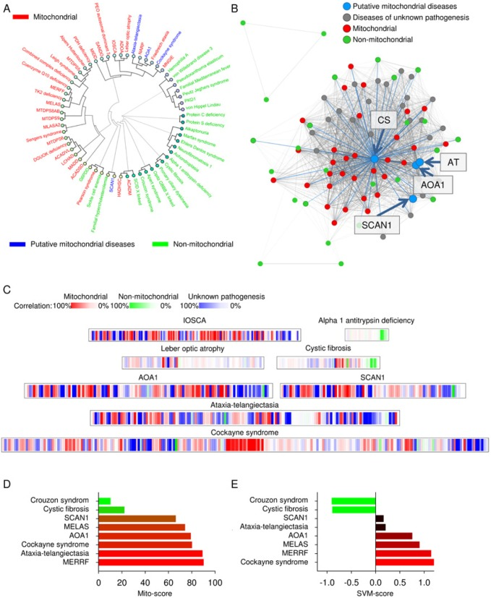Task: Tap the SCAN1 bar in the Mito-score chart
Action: (x=137, y=517)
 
